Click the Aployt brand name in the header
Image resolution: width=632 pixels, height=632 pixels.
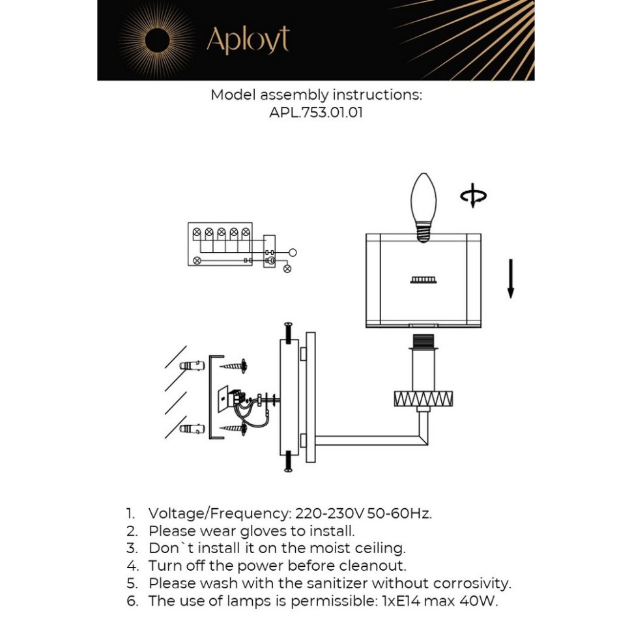point(248,40)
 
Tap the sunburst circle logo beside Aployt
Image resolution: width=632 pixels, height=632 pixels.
point(157,40)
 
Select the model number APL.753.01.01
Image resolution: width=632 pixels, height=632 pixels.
point(316,112)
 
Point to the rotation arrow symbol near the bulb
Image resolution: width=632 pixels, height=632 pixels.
point(473,195)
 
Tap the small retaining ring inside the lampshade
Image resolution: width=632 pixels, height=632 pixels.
point(423,280)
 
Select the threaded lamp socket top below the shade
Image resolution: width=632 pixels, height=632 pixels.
point(424,341)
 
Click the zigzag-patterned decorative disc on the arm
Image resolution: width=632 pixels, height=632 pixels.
point(424,398)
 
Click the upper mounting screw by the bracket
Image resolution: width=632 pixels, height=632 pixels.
point(235,366)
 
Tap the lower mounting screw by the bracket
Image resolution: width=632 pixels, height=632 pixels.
point(235,428)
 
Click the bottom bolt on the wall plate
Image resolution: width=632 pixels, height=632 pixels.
point(287,461)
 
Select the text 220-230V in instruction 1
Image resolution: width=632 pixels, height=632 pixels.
point(330,513)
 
